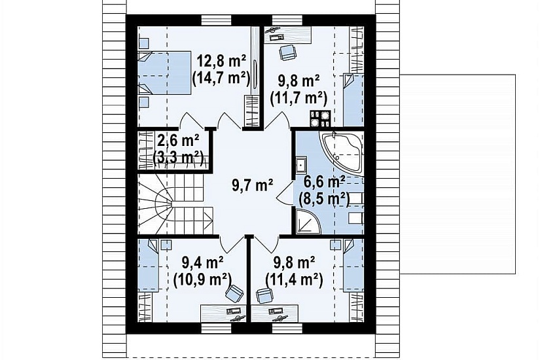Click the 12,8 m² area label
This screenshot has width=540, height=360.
pyautogui.click(x=221, y=62)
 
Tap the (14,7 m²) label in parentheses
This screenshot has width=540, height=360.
pyautogui.click(x=221, y=79)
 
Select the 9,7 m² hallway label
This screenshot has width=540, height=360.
pyautogui.click(x=253, y=186)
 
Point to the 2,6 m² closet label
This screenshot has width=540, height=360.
pyautogui.click(x=178, y=141)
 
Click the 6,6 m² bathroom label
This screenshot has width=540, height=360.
pyautogui.click(x=325, y=182)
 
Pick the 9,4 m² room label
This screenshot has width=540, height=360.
pyautogui.click(x=202, y=264)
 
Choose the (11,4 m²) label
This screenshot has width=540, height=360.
pyautogui.click(x=294, y=279)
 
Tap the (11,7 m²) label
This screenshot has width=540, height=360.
pyautogui.click(x=298, y=99)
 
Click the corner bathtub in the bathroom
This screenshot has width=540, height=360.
pyautogui.click(x=342, y=152)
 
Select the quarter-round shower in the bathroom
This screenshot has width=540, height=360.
pyautogui.click(x=307, y=221)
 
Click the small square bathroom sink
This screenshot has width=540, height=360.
pyautogui.click(x=301, y=165)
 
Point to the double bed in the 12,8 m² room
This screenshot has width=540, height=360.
pyautogui.click(x=164, y=73)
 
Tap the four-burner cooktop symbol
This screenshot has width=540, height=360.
pyautogui.click(x=320, y=118)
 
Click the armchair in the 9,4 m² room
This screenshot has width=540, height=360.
pyautogui.click(x=234, y=293)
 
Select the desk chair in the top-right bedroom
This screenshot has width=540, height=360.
pyautogui.click(x=287, y=52)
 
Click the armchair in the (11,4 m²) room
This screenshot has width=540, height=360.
pyautogui.click(x=264, y=296)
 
